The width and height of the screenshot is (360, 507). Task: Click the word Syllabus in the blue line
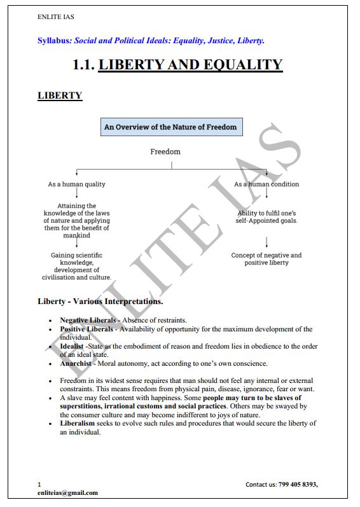54,41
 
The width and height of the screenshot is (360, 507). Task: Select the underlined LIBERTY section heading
60,95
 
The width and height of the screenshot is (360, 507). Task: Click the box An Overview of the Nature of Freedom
170,127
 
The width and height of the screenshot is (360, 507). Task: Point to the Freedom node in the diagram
165,151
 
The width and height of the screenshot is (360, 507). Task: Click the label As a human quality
77,184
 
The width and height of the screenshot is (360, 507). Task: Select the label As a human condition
267,184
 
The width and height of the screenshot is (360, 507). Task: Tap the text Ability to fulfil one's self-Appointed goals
267,217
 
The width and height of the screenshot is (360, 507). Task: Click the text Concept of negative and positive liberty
267,259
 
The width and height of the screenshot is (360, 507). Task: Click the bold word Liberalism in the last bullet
78,423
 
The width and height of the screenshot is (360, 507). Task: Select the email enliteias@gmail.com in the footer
67,493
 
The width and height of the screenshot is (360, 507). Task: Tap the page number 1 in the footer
39,485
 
